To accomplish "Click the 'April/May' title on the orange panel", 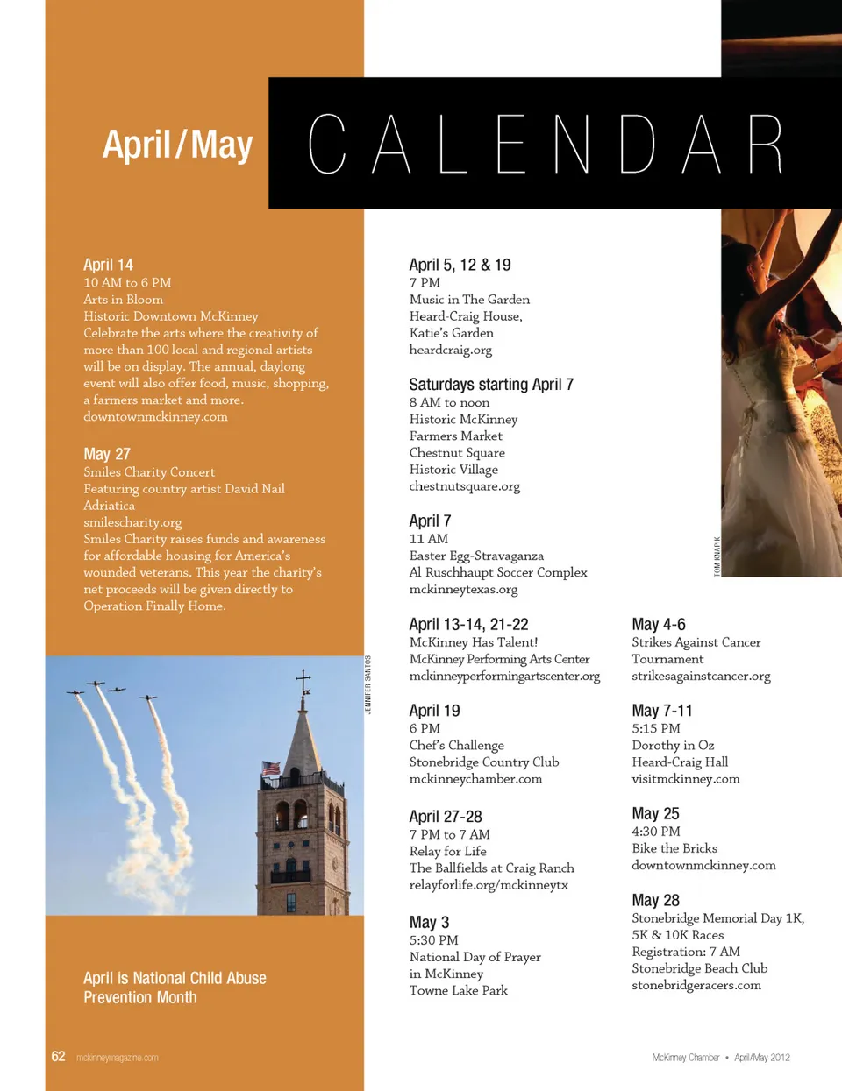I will click(x=177, y=145).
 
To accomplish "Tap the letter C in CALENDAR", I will click(x=326, y=144).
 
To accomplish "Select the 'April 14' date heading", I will click(x=108, y=265).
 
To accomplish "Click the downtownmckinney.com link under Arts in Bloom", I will click(x=155, y=416).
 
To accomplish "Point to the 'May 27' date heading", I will click(x=107, y=454).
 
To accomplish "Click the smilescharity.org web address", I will click(x=132, y=522).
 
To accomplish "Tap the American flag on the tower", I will click(x=270, y=769).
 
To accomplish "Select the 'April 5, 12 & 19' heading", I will click(x=460, y=265).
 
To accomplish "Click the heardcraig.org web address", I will click(x=450, y=350).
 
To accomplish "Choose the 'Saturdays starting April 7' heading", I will click(x=491, y=385).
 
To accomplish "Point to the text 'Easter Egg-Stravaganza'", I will click(x=476, y=556).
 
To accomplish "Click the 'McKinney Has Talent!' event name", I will click(x=474, y=642).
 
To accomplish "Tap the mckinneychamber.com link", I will click(x=475, y=779).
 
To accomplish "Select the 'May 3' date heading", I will click(x=429, y=923).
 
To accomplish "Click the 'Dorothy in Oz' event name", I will click(x=673, y=745).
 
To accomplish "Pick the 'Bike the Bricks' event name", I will click(x=674, y=848).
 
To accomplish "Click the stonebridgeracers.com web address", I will click(x=696, y=985).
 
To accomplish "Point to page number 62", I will click(x=58, y=1057).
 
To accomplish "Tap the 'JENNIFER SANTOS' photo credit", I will click(x=368, y=684).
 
